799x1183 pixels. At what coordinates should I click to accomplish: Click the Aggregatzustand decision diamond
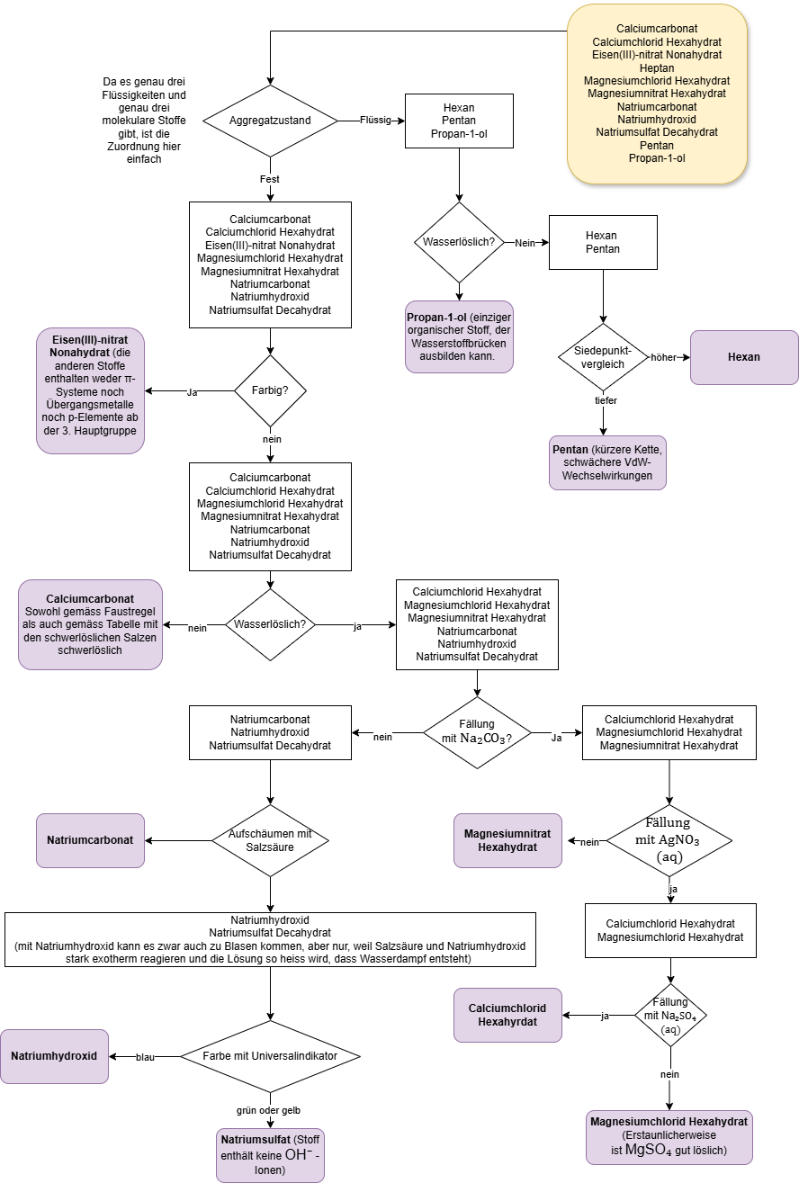[270, 121]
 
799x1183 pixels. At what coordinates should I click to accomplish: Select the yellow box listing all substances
[657, 94]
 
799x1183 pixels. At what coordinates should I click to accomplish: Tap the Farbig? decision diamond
[270, 391]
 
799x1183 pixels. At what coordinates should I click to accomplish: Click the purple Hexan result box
[744, 357]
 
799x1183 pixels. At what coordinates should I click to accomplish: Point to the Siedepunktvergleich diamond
[603, 357]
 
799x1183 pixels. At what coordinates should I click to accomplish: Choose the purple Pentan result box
[607, 462]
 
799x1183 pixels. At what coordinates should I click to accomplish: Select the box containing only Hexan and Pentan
[603, 242]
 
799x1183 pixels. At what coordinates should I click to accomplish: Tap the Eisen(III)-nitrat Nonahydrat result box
[91, 390]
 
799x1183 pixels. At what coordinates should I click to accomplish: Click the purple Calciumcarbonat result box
[90, 624]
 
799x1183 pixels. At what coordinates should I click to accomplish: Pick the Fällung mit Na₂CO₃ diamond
[478, 732]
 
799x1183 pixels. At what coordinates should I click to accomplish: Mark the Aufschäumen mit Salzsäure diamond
[271, 840]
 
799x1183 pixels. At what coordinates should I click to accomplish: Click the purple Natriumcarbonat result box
[90, 840]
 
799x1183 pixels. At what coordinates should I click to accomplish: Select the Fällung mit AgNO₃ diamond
[669, 840]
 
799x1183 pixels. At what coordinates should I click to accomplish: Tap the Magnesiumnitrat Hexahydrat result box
[507, 840]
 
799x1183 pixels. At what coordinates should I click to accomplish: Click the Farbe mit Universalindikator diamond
[271, 1056]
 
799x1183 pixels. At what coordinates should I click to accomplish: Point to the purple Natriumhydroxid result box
[54, 1056]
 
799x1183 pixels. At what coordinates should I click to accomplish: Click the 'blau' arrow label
[145, 1057]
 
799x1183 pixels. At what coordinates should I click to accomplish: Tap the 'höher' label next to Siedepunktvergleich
[663, 357]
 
